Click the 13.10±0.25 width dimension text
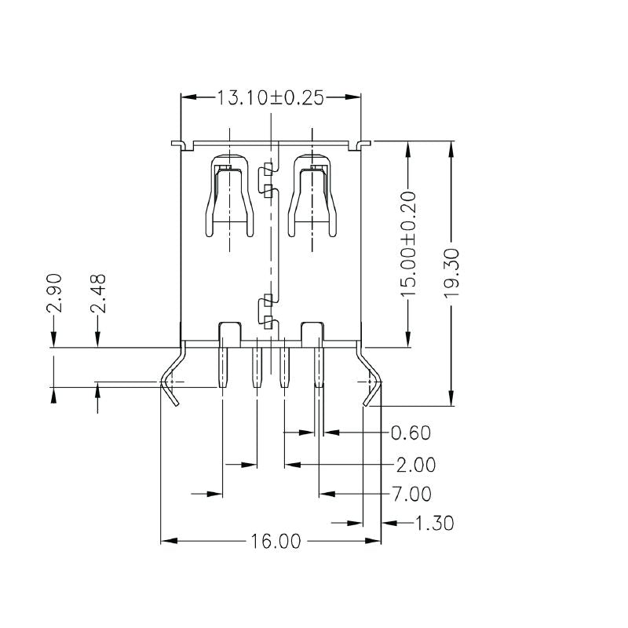(271, 98)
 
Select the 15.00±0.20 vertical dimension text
(408, 243)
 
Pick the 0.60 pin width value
(411, 433)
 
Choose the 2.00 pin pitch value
(415, 465)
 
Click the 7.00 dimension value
(411, 495)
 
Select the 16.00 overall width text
(276, 542)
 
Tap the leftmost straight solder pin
(222, 366)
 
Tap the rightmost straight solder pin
(319, 366)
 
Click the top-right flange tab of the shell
(362, 144)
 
